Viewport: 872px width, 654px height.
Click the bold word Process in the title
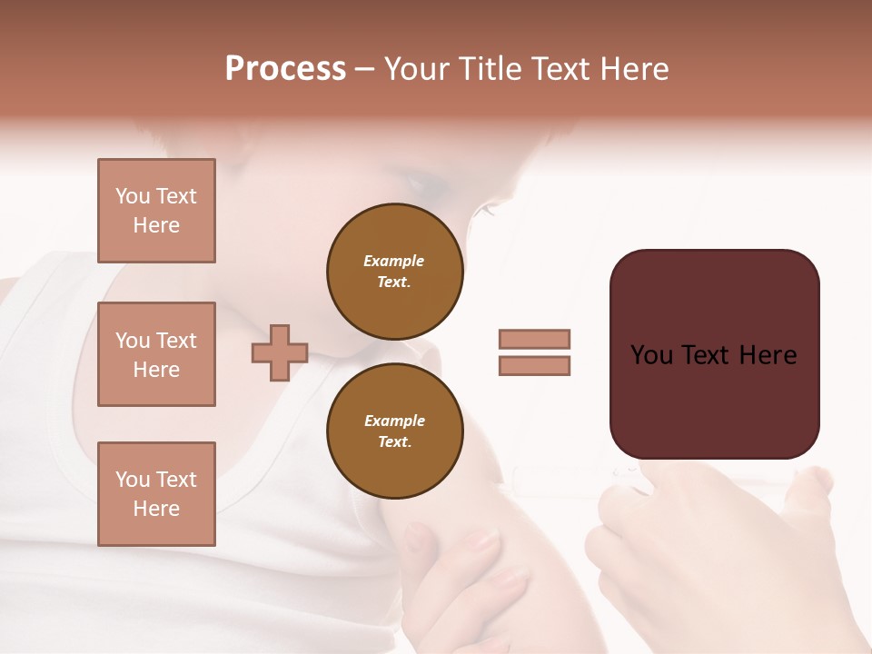285,69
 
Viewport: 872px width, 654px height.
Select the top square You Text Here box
156,211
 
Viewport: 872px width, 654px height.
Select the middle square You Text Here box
156,354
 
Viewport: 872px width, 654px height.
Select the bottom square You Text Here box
156,494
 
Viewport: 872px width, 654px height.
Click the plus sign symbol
279,353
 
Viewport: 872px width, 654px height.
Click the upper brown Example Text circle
394,271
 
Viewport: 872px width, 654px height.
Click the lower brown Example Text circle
394,431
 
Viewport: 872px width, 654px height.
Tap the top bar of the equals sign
534,339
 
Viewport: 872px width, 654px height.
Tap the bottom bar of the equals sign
534,365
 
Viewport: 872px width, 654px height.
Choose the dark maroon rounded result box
714,354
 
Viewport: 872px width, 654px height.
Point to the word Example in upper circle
394,261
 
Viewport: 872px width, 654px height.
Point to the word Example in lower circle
394,421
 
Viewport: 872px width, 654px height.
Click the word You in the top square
133,196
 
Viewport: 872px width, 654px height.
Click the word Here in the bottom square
156,509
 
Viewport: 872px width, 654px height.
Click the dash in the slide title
364,70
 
